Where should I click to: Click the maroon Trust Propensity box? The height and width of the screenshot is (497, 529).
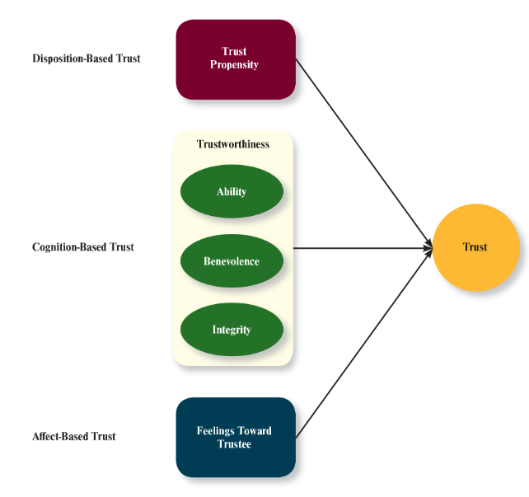point(235,59)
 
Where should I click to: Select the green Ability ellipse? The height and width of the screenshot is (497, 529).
point(232,192)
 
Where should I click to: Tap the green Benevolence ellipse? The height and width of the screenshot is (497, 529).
point(232,261)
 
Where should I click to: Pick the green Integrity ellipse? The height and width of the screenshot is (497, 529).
point(232,330)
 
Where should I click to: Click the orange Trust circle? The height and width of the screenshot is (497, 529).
point(475,247)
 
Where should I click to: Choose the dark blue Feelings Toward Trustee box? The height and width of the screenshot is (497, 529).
point(235,437)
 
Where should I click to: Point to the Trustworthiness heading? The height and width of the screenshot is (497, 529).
point(233,144)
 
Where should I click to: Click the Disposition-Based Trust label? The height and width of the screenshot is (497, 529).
point(87,59)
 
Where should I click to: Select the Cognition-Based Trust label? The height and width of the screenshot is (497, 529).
point(83,247)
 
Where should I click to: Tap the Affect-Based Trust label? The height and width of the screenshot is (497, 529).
point(74,436)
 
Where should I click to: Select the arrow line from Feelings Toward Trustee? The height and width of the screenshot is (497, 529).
point(363,343)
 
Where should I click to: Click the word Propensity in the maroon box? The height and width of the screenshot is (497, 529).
point(235,65)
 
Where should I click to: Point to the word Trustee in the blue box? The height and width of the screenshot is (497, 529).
point(235,443)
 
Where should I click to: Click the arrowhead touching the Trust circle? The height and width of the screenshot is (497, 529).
point(428,247)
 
